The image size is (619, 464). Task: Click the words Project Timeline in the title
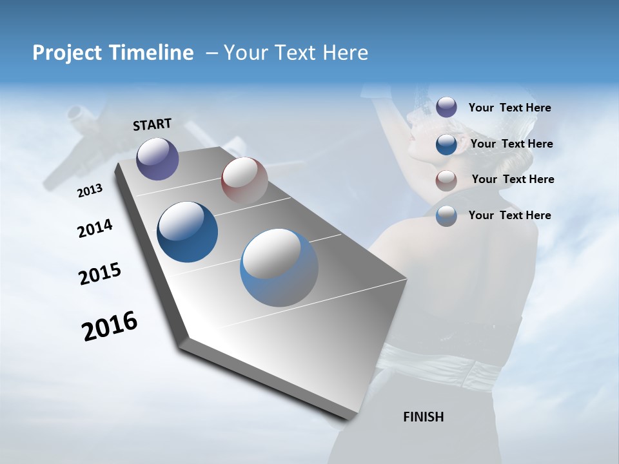[x=113, y=53]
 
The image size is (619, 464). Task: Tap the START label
[x=152, y=124]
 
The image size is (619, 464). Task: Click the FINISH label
[x=423, y=417]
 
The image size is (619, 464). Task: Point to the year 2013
[x=90, y=191]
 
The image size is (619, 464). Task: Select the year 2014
[x=95, y=228]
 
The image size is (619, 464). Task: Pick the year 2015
[x=100, y=274]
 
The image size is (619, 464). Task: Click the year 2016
[x=110, y=325]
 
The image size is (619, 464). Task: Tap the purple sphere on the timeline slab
[x=157, y=159]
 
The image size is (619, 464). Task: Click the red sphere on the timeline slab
[x=244, y=180]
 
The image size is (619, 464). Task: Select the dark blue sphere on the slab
[x=188, y=232]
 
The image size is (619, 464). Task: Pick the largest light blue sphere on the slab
[x=279, y=267]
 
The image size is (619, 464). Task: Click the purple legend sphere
[x=446, y=107]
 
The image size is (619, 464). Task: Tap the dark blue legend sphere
[x=446, y=144]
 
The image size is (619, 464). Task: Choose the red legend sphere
[x=446, y=180]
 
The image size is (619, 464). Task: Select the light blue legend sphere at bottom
[x=446, y=216]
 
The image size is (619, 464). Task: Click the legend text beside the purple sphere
[x=509, y=108]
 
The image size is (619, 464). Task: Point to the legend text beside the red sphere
[x=513, y=179]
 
